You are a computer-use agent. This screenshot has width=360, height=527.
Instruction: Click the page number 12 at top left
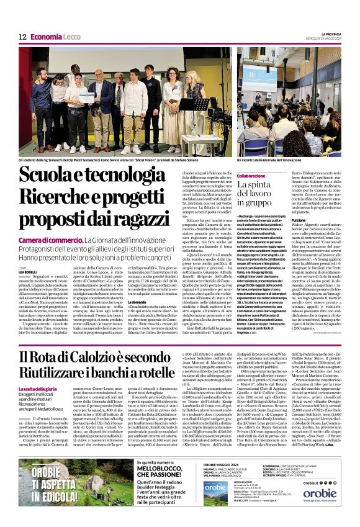[x=21, y=37]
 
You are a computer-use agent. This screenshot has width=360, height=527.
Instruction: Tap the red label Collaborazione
[x=236, y=176]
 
